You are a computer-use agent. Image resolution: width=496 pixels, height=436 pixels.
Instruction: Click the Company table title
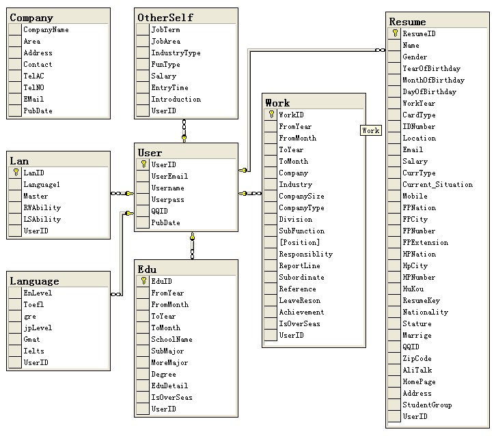click(x=31, y=18)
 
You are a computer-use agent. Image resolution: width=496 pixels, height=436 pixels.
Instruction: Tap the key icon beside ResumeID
click(x=395, y=33)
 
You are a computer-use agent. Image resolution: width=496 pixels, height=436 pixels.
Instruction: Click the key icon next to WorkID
click(x=271, y=115)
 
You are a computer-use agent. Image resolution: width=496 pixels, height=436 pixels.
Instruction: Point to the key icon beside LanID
click(x=15, y=173)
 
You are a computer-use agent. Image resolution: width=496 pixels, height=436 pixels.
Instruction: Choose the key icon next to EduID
click(x=143, y=281)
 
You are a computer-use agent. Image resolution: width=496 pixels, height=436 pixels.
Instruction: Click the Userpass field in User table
click(x=167, y=199)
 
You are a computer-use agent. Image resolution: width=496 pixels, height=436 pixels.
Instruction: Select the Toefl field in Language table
click(x=33, y=304)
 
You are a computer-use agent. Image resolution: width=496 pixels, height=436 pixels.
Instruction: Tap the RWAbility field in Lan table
click(x=42, y=207)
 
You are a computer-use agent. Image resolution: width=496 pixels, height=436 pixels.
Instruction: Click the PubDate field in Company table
click(x=38, y=111)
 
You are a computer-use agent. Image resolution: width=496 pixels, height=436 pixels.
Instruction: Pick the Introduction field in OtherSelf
click(x=176, y=99)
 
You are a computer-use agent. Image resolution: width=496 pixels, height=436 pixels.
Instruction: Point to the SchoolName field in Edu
click(x=171, y=339)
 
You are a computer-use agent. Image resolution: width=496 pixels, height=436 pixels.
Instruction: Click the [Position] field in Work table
click(x=299, y=242)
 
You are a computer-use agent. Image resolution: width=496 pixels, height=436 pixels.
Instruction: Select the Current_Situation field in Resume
click(x=437, y=184)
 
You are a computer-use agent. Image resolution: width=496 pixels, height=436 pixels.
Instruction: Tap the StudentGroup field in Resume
click(x=427, y=405)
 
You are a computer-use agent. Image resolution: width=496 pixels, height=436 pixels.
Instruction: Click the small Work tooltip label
click(x=371, y=130)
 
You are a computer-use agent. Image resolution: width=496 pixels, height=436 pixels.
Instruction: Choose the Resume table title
click(x=407, y=22)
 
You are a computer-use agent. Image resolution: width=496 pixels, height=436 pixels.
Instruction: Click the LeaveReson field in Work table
click(x=299, y=300)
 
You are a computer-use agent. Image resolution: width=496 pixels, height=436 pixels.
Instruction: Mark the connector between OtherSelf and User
click(x=184, y=130)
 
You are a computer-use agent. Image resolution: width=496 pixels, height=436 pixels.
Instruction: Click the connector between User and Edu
click(x=192, y=246)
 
